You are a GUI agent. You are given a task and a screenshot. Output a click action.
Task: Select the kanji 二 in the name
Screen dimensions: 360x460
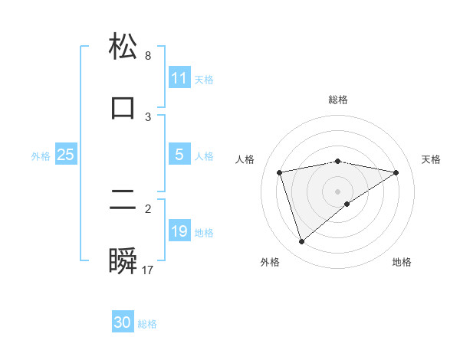point(123,201)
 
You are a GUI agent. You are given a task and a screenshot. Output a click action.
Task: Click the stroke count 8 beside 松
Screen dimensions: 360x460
point(148,56)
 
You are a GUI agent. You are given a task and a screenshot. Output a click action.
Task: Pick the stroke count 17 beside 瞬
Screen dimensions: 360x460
point(148,270)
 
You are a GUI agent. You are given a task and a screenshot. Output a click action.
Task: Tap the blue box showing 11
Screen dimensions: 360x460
point(179,78)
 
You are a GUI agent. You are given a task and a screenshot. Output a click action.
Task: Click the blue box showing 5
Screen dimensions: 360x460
point(179,155)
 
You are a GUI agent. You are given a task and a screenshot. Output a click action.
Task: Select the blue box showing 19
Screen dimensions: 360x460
point(179,231)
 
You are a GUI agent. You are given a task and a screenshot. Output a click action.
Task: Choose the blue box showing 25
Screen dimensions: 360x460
point(66,155)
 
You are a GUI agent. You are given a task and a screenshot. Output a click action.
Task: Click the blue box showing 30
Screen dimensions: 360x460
point(123,322)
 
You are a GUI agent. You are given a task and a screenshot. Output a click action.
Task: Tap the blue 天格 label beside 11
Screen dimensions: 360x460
point(204,79)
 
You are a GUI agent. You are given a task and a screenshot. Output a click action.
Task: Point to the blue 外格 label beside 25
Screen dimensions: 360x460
point(41,155)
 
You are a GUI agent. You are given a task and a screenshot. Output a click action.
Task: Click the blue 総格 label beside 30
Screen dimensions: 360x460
point(147,323)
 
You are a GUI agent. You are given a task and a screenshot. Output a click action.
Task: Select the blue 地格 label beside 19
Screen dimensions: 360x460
point(204,232)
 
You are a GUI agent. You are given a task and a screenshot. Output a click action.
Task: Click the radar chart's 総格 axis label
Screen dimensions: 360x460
point(338,100)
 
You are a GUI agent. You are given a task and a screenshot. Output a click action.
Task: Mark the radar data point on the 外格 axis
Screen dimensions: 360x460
point(301,242)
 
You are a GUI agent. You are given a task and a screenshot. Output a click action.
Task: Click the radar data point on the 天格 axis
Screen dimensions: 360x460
point(396,172)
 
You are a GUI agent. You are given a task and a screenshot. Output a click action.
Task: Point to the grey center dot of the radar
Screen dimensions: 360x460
point(338,191)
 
